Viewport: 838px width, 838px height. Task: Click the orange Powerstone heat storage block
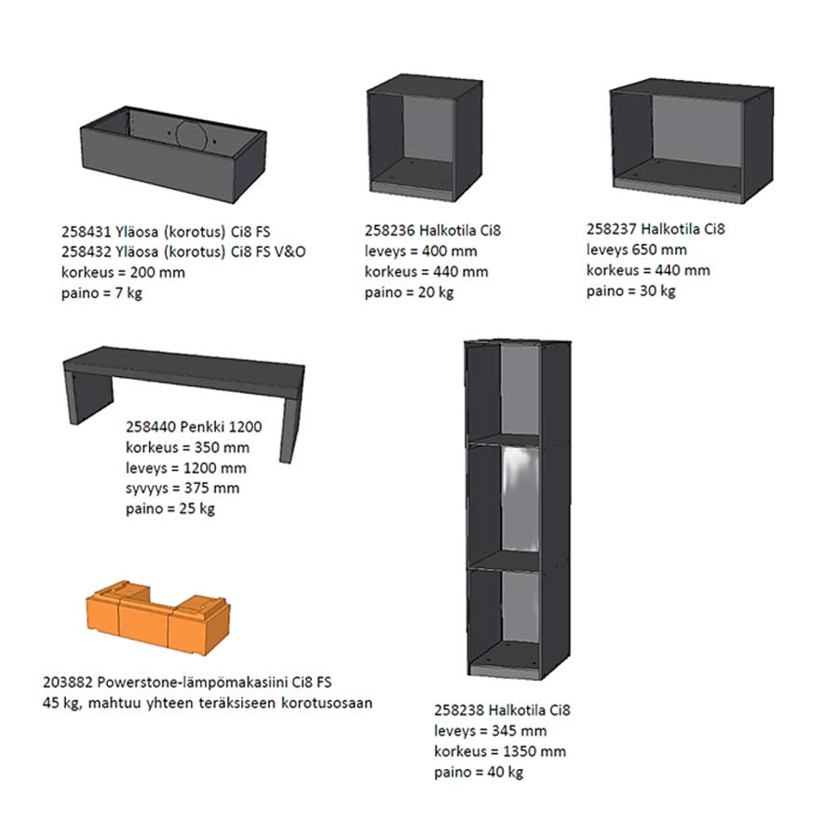[x=158, y=617]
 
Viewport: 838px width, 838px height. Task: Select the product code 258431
[x=86, y=232]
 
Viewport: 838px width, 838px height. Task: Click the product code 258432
[x=86, y=251]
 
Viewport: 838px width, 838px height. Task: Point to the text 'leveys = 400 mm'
[x=421, y=250]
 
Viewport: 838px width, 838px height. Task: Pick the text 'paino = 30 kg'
[x=630, y=291]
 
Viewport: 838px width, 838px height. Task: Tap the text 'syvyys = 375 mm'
[x=182, y=489]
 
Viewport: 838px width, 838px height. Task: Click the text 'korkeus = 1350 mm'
[x=500, y=751]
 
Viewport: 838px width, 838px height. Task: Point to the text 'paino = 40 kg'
[x=479, y=772]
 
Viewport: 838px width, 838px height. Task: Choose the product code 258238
[x=459, y=710]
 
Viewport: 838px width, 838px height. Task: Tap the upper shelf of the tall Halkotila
[x=503, y=439]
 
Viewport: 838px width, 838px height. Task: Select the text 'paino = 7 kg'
[x=101, y=293]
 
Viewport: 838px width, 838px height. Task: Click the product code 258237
[x=612, y=229]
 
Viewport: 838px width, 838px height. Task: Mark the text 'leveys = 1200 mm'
[x=186, y=468]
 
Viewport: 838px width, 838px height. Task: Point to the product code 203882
[x=68, y=683]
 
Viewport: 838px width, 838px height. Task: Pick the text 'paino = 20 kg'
[x=409, y=293]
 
